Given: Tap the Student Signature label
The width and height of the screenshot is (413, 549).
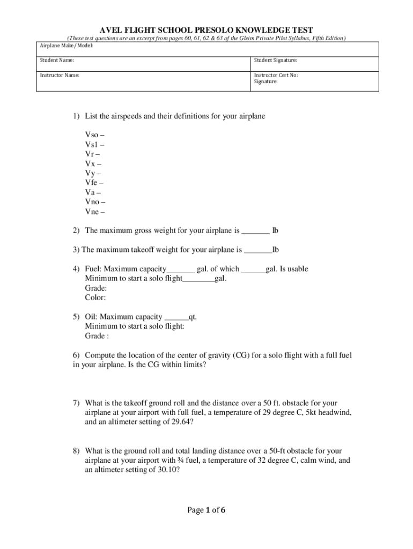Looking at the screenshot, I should (x=275, y=61).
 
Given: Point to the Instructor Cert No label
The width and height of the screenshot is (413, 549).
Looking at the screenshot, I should (x=276, y=75).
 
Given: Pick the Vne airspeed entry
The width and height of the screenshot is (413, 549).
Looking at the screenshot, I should (x=95, y=211).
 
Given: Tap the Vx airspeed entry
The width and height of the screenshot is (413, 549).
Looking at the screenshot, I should (x=93, y=164).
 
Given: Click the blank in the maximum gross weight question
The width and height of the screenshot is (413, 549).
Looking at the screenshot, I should (x=255, y=232).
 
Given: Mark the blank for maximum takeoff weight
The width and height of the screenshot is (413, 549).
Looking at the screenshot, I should (x=258, y=250).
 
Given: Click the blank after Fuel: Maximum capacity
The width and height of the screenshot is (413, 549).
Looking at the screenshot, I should (x=181, y=270).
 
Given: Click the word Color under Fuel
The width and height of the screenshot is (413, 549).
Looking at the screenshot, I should (x=95, y=298).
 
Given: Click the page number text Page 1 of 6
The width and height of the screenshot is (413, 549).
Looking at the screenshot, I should (x=206, y=510).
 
